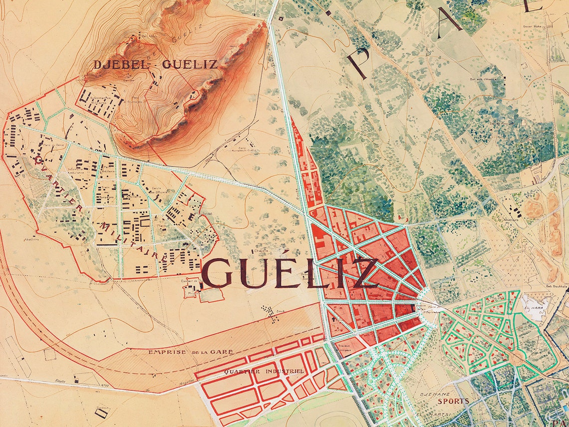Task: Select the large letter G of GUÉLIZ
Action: point(218,274)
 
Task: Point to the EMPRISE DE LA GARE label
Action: point(191,352)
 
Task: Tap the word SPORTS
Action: point(453,401)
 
